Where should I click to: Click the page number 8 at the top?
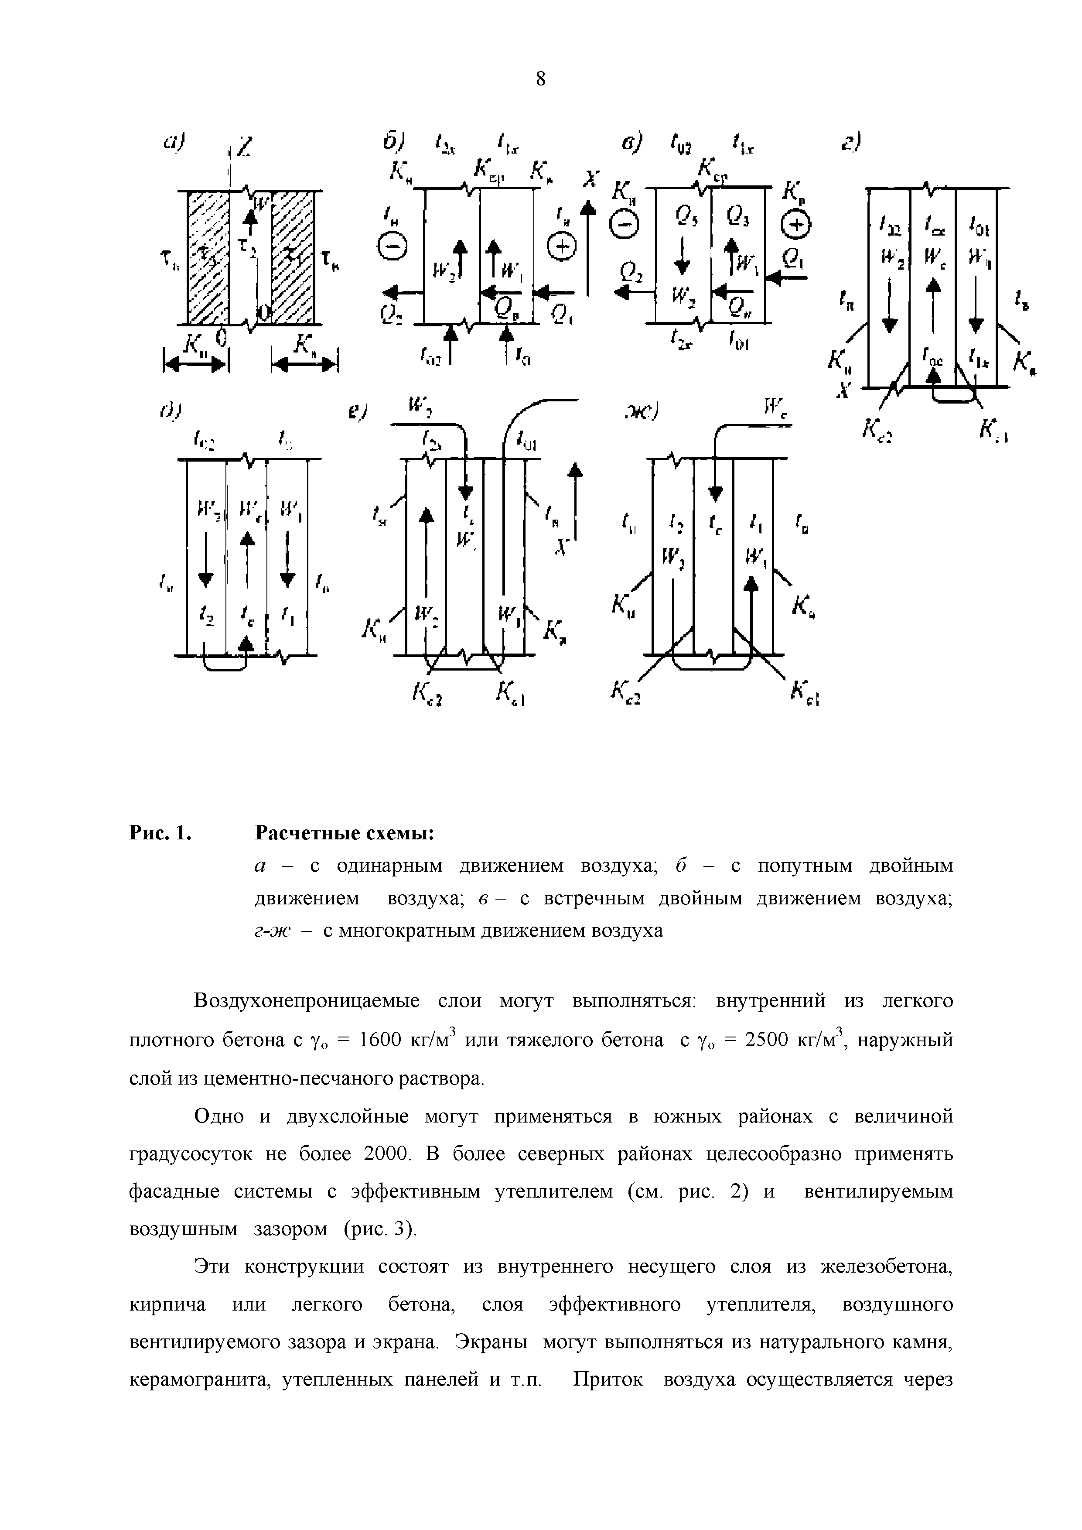540,79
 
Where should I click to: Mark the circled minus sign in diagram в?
626,226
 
